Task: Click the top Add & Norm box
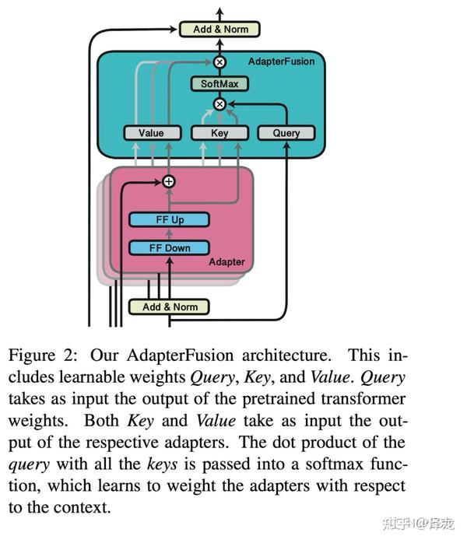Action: click(219, 30)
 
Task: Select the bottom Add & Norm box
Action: click(170, 307)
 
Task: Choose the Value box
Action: click(151, 133)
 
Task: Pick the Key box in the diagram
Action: click(219, 133)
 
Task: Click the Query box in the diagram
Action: click(286, 133)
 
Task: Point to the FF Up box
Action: click(169, 219)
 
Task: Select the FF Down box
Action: click(169, 248)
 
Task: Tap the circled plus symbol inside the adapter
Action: click(169, 181)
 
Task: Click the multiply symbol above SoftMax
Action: click(219, 61)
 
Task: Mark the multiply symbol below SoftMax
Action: click(219, 104)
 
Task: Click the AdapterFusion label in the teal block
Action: click(281, 61)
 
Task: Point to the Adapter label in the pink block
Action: click(226, 262)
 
